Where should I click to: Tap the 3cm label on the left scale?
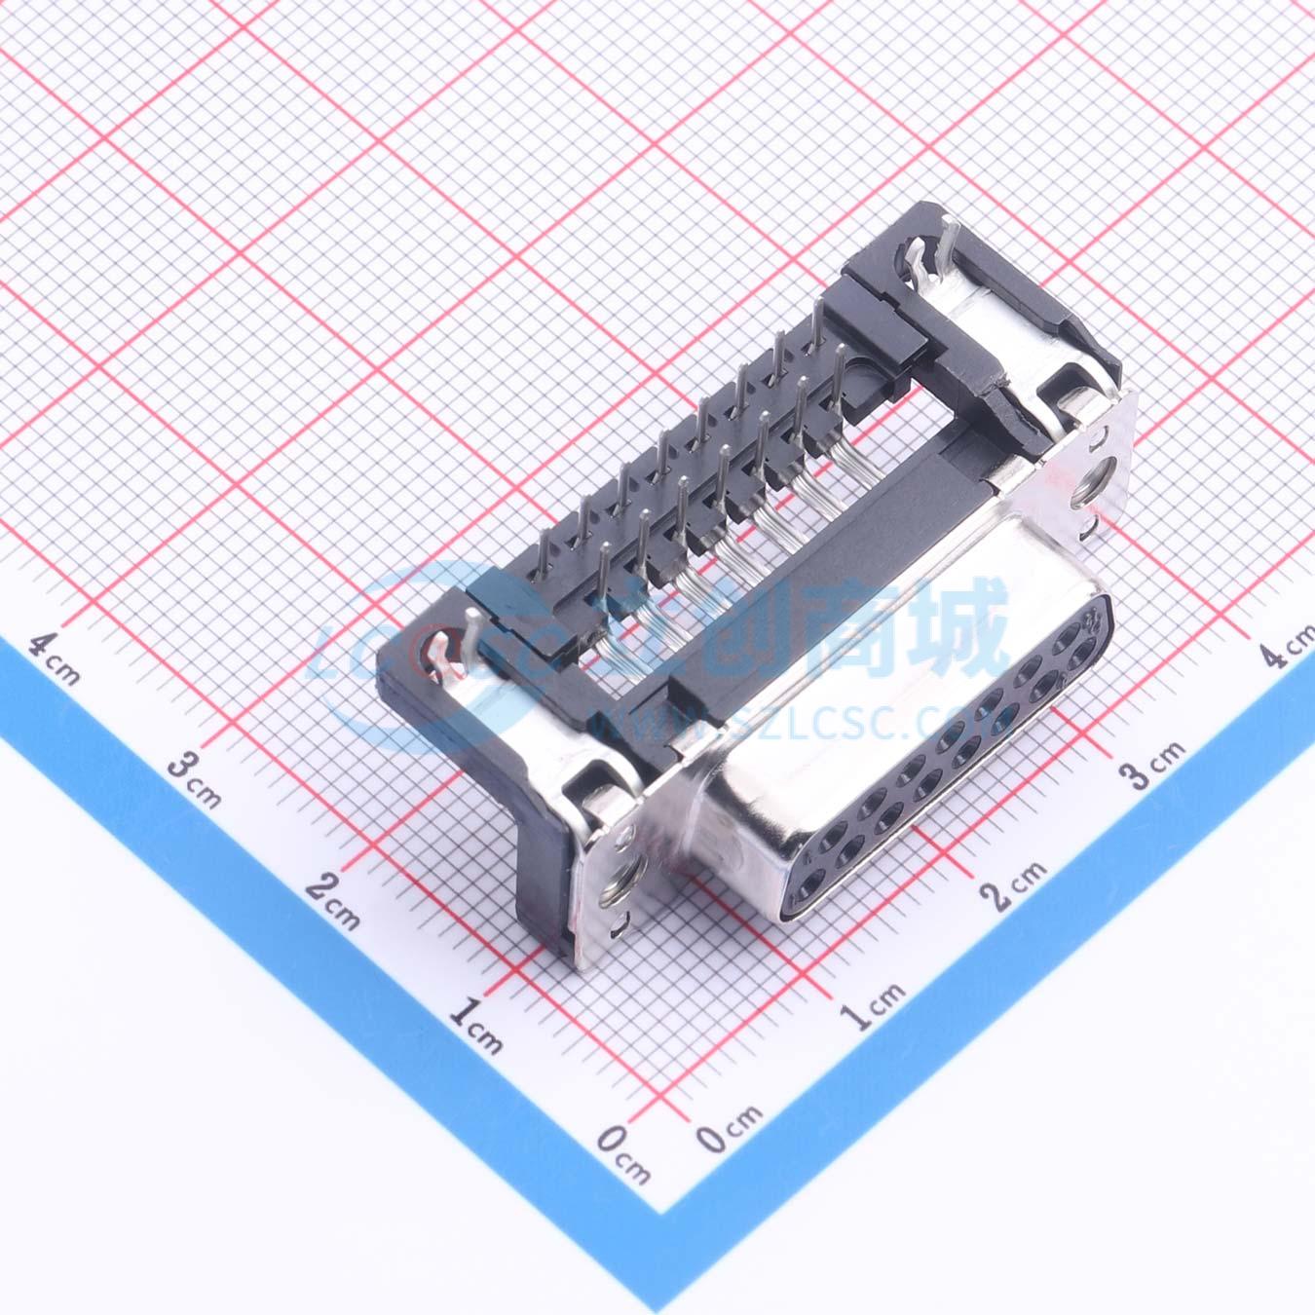(195, 780)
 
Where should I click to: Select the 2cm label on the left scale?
(332, 902)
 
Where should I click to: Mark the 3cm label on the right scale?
(1152, 765)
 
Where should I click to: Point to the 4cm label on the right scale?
(1287, 644)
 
